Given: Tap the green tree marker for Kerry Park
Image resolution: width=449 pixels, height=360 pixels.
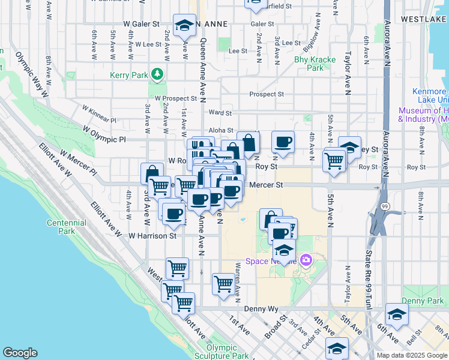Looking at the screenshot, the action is [157, 74].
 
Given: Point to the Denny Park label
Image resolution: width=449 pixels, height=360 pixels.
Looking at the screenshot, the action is [422, 300].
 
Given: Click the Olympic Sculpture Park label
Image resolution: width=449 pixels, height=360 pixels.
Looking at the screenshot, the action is [221, 352].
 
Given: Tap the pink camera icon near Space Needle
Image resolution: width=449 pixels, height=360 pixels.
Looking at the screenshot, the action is [306, 260].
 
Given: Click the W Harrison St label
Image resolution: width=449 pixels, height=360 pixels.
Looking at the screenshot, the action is [152, 236].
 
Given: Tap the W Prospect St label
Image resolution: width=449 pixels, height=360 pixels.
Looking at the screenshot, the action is [175, 98].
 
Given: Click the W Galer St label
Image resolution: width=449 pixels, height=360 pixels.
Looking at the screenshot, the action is [140, 24].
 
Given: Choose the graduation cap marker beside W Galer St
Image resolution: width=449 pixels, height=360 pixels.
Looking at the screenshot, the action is [184, 25].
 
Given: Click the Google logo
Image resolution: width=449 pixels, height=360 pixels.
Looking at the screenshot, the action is [20, 353].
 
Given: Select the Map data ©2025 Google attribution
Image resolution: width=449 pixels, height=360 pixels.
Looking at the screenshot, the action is [411, 355].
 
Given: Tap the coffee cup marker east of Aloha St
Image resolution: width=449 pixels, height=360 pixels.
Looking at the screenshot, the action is [283, 143].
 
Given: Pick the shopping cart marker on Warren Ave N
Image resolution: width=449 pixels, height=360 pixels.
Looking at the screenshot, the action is [223, 282].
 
